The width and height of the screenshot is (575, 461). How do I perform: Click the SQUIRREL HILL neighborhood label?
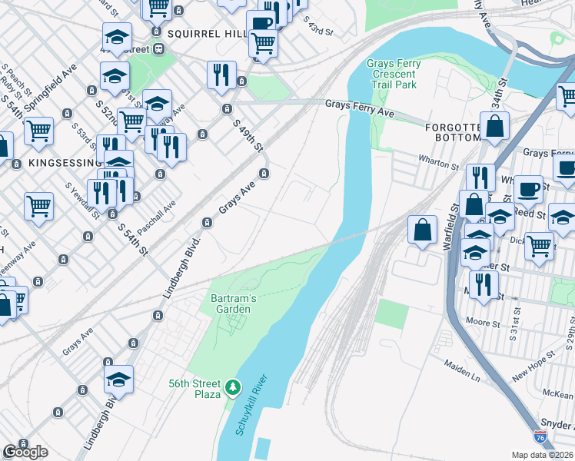[x=205, y=34]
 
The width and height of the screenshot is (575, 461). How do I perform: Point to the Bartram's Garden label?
[x=231, y=303]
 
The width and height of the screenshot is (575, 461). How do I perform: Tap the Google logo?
[x=25, y=452]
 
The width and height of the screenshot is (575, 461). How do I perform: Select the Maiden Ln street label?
[x=461, y=371]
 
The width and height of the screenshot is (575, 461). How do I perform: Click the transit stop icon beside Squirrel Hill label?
[x=159, y=49]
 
